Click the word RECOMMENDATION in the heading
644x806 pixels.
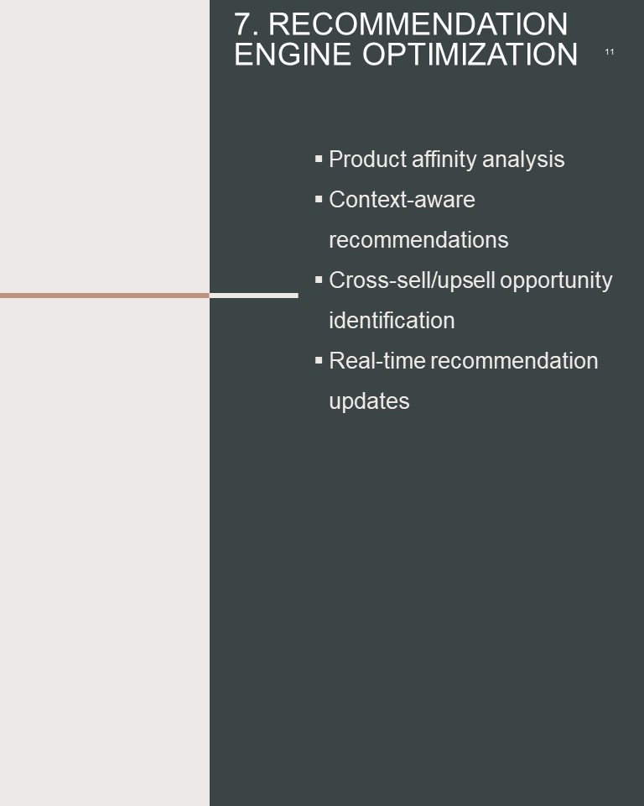coord(418,24)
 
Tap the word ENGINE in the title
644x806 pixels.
coord(293,54)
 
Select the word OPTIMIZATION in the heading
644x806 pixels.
coord(470,54)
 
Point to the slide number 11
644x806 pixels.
coord(609,52)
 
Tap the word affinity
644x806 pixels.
coord(444,160)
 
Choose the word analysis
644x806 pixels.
coord(523,160)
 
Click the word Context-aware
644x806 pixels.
coord(402,200)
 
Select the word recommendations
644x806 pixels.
coord(418,240)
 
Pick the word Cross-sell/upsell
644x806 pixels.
coord(412,280)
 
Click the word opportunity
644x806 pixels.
coord(556,280)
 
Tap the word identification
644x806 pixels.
coord(392,320)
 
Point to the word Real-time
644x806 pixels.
coord(377,361)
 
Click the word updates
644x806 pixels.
coord(369,401)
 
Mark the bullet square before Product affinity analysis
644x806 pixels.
coord(319,159)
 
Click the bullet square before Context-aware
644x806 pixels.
coord(319,199)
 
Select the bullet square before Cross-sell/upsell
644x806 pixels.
coord(319,280)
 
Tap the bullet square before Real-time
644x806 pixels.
coord(319,360)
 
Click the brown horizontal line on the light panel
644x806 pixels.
coord(105,296)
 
